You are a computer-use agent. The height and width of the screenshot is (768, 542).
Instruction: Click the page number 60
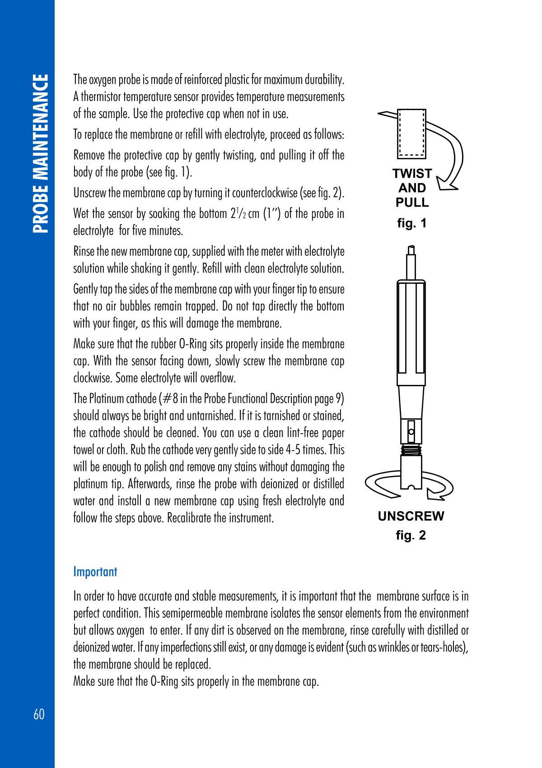pyautogui.click(x=39, y=715)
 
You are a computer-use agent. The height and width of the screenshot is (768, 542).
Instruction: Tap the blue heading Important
pyautogui.click(x=95, y=572)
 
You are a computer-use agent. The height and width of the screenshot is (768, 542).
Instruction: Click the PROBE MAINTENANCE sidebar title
pyautogui.click(x=40, y=153)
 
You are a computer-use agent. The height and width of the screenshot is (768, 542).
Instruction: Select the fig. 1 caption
pyautogui.click(x=411, y=223)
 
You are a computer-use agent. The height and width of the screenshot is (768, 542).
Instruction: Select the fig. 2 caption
pyautogui.click(x=411, y=536)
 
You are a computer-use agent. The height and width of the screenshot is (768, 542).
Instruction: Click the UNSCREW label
pyautogui.click(x=411, y=516)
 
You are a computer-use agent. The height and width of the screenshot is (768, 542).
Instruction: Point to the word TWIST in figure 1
pyautogui.click(x=412, y=174)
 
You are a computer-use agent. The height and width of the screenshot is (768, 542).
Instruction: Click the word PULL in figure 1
pyautogui.click(x=412, y=203)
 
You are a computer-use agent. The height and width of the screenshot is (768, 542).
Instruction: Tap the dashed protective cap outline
pyautogui.click(x=411, y=134)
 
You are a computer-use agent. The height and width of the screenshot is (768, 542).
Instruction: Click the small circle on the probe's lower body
pyautogui.click(x=411, y=431)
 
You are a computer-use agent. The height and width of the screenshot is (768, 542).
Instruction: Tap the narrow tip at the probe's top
pyautogui.click(x=411, y=262)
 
